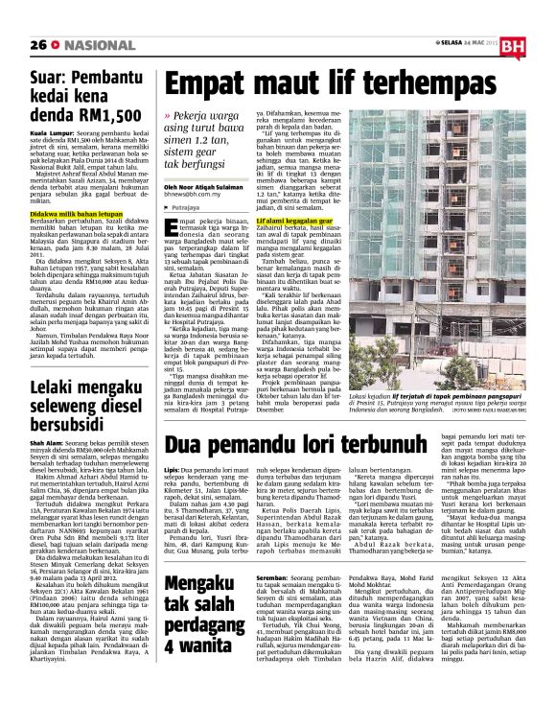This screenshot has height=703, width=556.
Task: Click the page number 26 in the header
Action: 13,17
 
